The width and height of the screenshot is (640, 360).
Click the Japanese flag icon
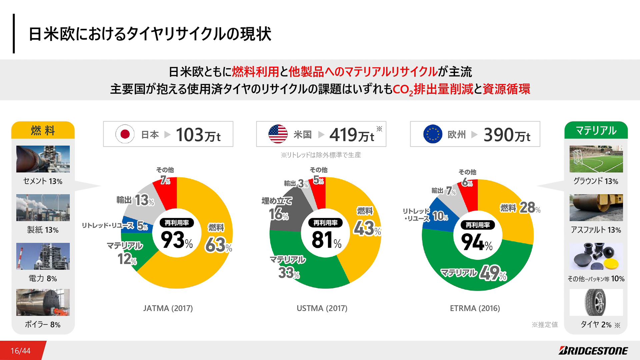[x=125, y=134]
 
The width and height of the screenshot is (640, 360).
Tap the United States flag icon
[x=278, y=134]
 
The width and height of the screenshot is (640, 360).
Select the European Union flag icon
[x=433, y=134]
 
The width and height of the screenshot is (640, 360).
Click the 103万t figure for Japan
[x=198, y=135]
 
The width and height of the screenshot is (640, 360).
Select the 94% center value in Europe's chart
[x=477, y=242]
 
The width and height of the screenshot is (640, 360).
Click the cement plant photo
[x=43, y=159]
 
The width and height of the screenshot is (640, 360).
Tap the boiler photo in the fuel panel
[x=43, y=302]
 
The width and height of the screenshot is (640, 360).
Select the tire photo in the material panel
[x=596, y=302]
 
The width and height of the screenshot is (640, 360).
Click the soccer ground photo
[x=596, y=159]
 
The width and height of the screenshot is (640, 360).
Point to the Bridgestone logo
[x=593, y=351]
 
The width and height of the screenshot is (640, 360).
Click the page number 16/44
[x=21, y=351]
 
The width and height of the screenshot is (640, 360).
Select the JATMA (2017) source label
[x=168, y=308]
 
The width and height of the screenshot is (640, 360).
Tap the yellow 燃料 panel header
[x=43, y=130]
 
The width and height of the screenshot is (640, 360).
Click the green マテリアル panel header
[x=596, y=130]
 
